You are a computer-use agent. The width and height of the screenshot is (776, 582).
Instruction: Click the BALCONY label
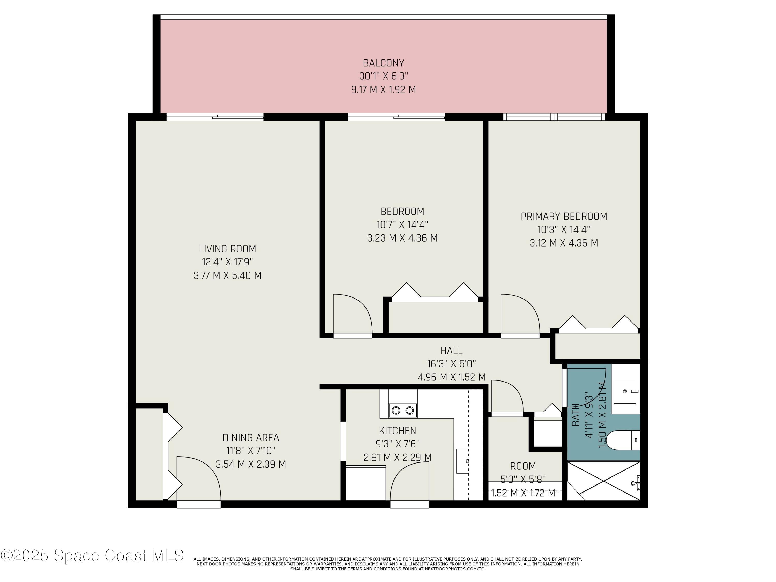(383, 63)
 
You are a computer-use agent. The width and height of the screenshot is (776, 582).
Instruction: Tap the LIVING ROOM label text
(227, 249)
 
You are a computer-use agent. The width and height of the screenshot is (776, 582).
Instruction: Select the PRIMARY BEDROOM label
(564, 217)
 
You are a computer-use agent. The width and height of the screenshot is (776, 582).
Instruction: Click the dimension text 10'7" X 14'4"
(402, 225)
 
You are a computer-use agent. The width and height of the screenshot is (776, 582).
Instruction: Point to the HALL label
(451, 350)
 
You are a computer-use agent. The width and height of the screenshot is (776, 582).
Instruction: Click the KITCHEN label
(398, 430)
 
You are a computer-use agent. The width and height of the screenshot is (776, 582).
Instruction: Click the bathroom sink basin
(625, 391)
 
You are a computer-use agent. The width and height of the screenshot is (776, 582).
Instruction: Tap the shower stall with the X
(603, 481)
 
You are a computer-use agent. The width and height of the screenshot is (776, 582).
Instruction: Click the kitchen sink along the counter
(462, 461)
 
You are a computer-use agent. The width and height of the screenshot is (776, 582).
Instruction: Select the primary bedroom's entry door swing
(519, 313)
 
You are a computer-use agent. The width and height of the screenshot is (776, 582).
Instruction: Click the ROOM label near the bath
(523, 466)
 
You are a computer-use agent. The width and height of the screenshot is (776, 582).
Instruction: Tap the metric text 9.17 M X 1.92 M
(383, 90)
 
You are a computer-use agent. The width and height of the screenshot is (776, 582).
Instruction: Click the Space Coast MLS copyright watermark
(92, 555)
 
